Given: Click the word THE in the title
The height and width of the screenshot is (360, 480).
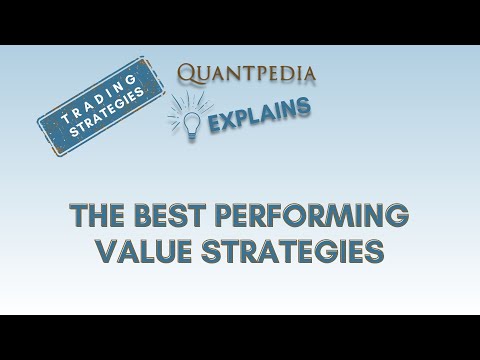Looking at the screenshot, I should point(99,216).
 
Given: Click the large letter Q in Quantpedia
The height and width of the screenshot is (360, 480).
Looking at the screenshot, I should point(187,73).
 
